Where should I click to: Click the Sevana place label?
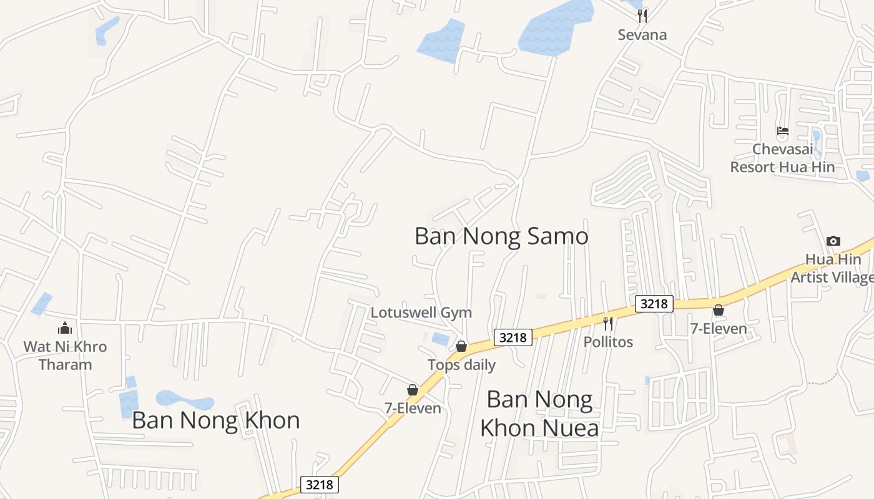point(642,35)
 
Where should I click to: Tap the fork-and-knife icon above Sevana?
point(642,16)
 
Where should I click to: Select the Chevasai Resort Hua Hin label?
point(782,158)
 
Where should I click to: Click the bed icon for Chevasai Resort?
point(782,131)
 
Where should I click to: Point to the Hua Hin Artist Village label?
point(833,268)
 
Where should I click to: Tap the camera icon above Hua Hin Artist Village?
point(833,241)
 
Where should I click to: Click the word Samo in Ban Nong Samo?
point(557,236)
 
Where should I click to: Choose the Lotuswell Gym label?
point(421,312)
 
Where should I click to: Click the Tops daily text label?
point(461,365)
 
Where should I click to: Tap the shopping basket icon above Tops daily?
point(461,346)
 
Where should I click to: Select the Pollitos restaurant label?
point(608,342)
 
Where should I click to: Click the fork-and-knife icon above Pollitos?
point(608,323)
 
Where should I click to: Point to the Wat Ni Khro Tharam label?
point(65,356)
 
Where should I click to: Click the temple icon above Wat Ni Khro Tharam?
point(65,328)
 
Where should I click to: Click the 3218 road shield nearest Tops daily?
point(513,337)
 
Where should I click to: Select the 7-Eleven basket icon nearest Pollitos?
point(719,309)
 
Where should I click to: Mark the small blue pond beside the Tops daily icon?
point(441,339)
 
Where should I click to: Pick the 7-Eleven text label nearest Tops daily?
point(413,408)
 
